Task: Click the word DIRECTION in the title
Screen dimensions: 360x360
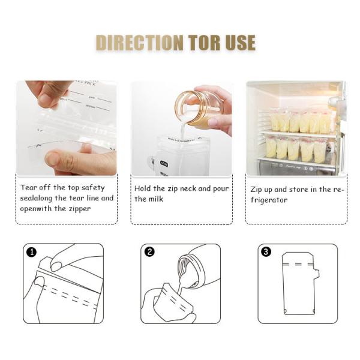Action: click(139, 43)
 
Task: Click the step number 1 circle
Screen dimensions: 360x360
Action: click(31, 252)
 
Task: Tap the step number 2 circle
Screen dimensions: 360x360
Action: click(149, 252)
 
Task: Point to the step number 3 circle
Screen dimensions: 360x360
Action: click(266, 252)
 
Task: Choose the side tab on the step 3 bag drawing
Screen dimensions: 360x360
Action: click(316, 274)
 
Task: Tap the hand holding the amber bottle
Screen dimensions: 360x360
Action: click(220, 111)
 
